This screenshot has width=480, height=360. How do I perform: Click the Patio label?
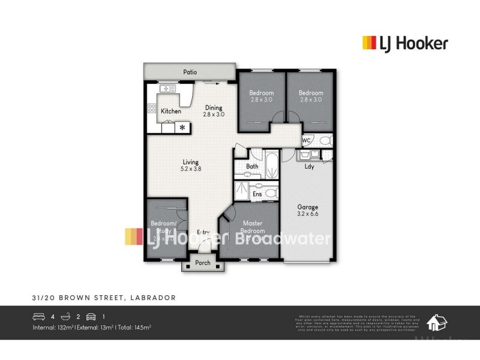click(190, 72)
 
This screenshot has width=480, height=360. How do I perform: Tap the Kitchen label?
click(170, 111)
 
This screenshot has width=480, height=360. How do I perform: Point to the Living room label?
click(191, 165)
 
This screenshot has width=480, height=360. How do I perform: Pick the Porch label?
click(203, 262)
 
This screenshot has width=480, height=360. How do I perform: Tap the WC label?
click(306, 140)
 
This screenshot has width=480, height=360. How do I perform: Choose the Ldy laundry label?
click(310, 167)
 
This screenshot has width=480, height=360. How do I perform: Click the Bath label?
click(252, 166)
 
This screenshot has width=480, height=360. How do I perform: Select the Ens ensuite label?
click(257, 194)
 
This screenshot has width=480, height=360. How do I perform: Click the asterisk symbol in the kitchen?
click(182, 128)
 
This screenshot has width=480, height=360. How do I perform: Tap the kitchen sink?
click(167, 89)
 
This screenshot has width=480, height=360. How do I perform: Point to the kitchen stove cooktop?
click(152, 109)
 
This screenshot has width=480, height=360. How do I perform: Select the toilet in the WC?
click(325, 141)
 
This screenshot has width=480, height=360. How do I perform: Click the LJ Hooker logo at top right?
click(404, 43)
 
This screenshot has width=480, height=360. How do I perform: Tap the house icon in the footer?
click(436, 323)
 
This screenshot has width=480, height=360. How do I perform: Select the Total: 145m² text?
click(131, 327)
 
